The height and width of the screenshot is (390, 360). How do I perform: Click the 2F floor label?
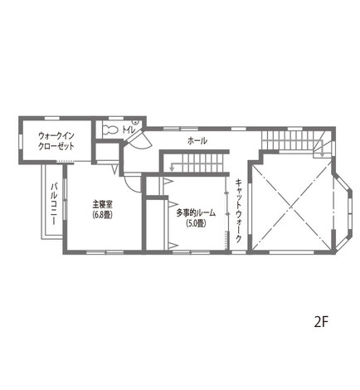coord(321,322)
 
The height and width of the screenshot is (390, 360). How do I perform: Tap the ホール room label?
coord(197,141)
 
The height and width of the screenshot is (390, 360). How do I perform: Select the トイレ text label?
coord(129,129)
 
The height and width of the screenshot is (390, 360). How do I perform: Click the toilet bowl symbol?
coord(110,129)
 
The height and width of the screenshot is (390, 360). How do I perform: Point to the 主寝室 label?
coord(102,205)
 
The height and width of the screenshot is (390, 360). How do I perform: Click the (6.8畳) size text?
coord(102,215)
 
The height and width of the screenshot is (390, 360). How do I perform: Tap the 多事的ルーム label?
coord(196,213)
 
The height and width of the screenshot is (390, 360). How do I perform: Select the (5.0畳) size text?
coord(196,223)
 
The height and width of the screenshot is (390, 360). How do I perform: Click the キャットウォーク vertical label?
coord(238,211)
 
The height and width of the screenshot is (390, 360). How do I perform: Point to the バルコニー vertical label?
coord(54,204)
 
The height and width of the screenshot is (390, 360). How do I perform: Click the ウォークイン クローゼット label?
coord(56,141)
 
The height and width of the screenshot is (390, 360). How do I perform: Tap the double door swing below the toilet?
coord(139,139)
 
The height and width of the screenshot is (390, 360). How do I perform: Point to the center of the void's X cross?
coord(292,205)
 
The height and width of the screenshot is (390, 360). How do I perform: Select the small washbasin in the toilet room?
coord(135,121)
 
